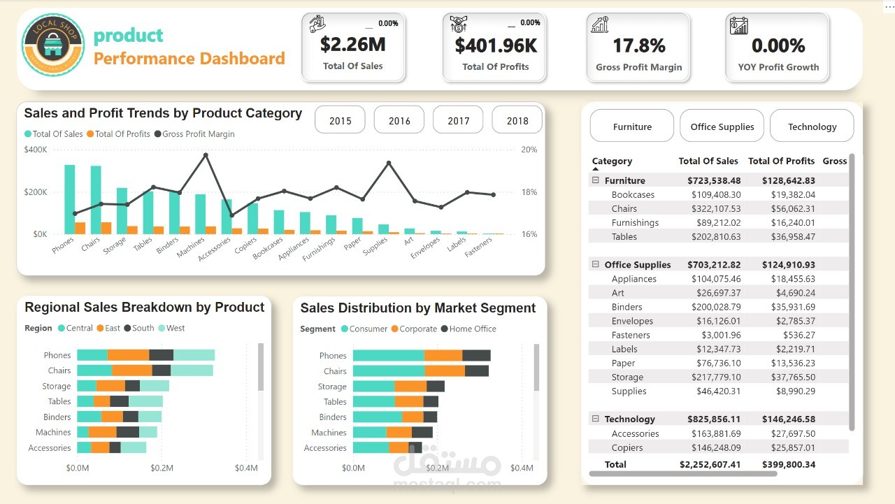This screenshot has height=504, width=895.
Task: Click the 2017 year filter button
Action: (x=458, y=120)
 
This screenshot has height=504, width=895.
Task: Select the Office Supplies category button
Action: (x=722, y=127)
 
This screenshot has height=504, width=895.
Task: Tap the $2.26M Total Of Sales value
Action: (x=352, y=45)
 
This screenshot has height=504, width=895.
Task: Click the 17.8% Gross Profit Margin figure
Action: (x=638, y=46)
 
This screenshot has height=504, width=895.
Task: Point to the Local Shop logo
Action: (x=53, y=45)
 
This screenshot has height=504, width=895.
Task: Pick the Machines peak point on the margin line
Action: (x=206, y=155)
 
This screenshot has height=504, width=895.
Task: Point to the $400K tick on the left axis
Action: (x=35, y=150)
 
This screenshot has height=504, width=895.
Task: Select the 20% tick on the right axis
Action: (x=529, y=150)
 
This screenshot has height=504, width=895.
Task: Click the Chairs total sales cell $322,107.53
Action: (x=716, y=208)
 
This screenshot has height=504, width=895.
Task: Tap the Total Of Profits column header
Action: (x=781, y=161)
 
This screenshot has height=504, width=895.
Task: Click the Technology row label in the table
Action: (x=629, y=419)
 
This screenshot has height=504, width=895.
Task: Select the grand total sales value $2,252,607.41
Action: (x=710, y=464)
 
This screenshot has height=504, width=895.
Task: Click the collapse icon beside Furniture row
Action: (x=596, y=180)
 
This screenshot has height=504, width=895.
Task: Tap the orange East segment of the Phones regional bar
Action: (x=129, y=355)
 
